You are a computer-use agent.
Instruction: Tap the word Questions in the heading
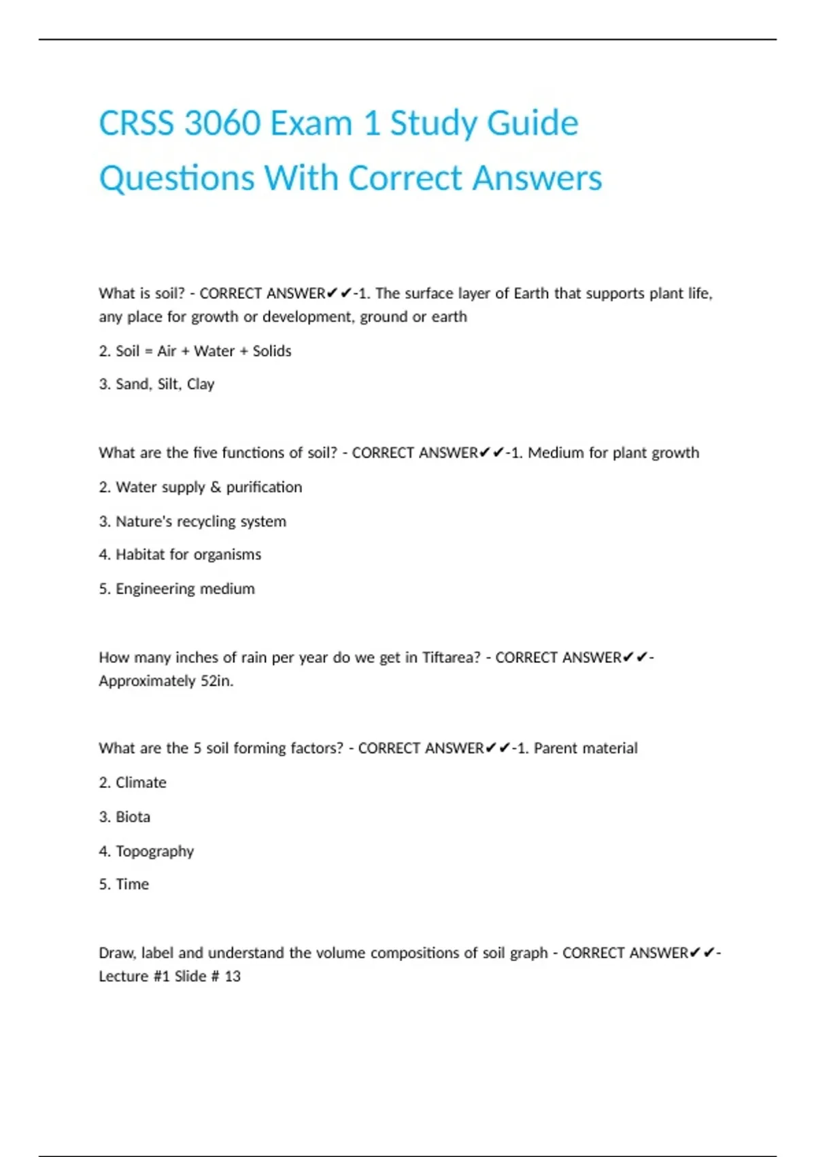[176, 178]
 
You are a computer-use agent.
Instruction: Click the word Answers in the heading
[537, 178]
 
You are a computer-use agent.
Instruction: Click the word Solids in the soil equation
[272, 351]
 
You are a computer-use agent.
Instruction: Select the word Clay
[201, 385]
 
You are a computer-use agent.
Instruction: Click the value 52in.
[217, 681]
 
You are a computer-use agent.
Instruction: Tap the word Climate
[141, 783]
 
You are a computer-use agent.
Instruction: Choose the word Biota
[133, 817]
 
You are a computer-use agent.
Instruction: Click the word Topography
[154, 851]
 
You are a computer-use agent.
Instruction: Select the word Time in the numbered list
[132, 884]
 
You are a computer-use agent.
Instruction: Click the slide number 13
[233, 977]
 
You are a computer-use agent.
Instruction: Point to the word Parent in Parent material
[555, 749]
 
